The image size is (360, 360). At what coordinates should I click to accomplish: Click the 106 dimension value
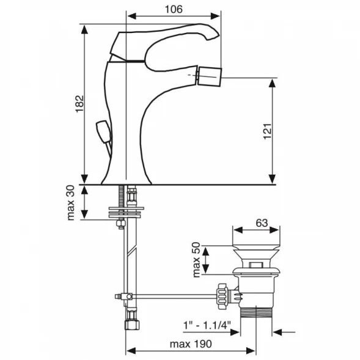pos(174,9)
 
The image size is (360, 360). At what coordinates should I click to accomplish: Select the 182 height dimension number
pos(79,104)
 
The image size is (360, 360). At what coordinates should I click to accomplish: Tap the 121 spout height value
pos(267,131)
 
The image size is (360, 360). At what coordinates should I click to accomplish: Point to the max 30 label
pos(71,203)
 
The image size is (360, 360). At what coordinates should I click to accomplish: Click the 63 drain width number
pos(262,223)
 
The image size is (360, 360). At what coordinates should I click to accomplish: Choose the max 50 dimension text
pos(197,260)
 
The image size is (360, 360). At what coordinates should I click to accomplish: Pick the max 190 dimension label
pos(191,344)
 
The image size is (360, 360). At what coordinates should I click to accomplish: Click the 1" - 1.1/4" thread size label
pos(207,325)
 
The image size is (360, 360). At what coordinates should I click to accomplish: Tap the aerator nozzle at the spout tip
pos(209,76)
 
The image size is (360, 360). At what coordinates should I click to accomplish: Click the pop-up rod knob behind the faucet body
pos(103,131)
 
